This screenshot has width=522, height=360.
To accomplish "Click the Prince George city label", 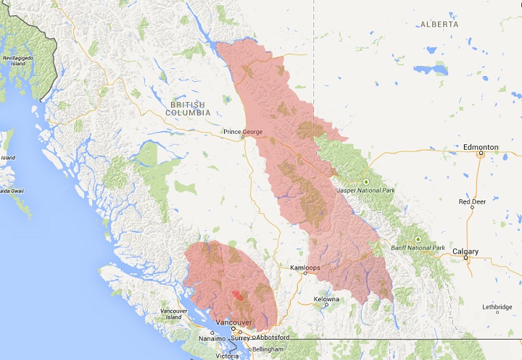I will click(x=243, y=132).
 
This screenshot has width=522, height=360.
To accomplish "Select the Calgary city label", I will click(x=465, y=251).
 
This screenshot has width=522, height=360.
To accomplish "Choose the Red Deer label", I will click(x=473, y=201).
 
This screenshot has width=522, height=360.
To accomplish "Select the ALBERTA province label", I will click(x=439, y=25).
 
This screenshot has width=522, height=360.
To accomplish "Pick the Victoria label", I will click(x=227, y=356).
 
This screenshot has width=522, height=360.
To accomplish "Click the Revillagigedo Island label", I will click(x=17, y=60).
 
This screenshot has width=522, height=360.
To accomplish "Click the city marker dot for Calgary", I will click(x=466, y=258).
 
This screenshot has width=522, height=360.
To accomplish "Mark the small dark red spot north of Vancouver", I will click(x=236, y=296).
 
